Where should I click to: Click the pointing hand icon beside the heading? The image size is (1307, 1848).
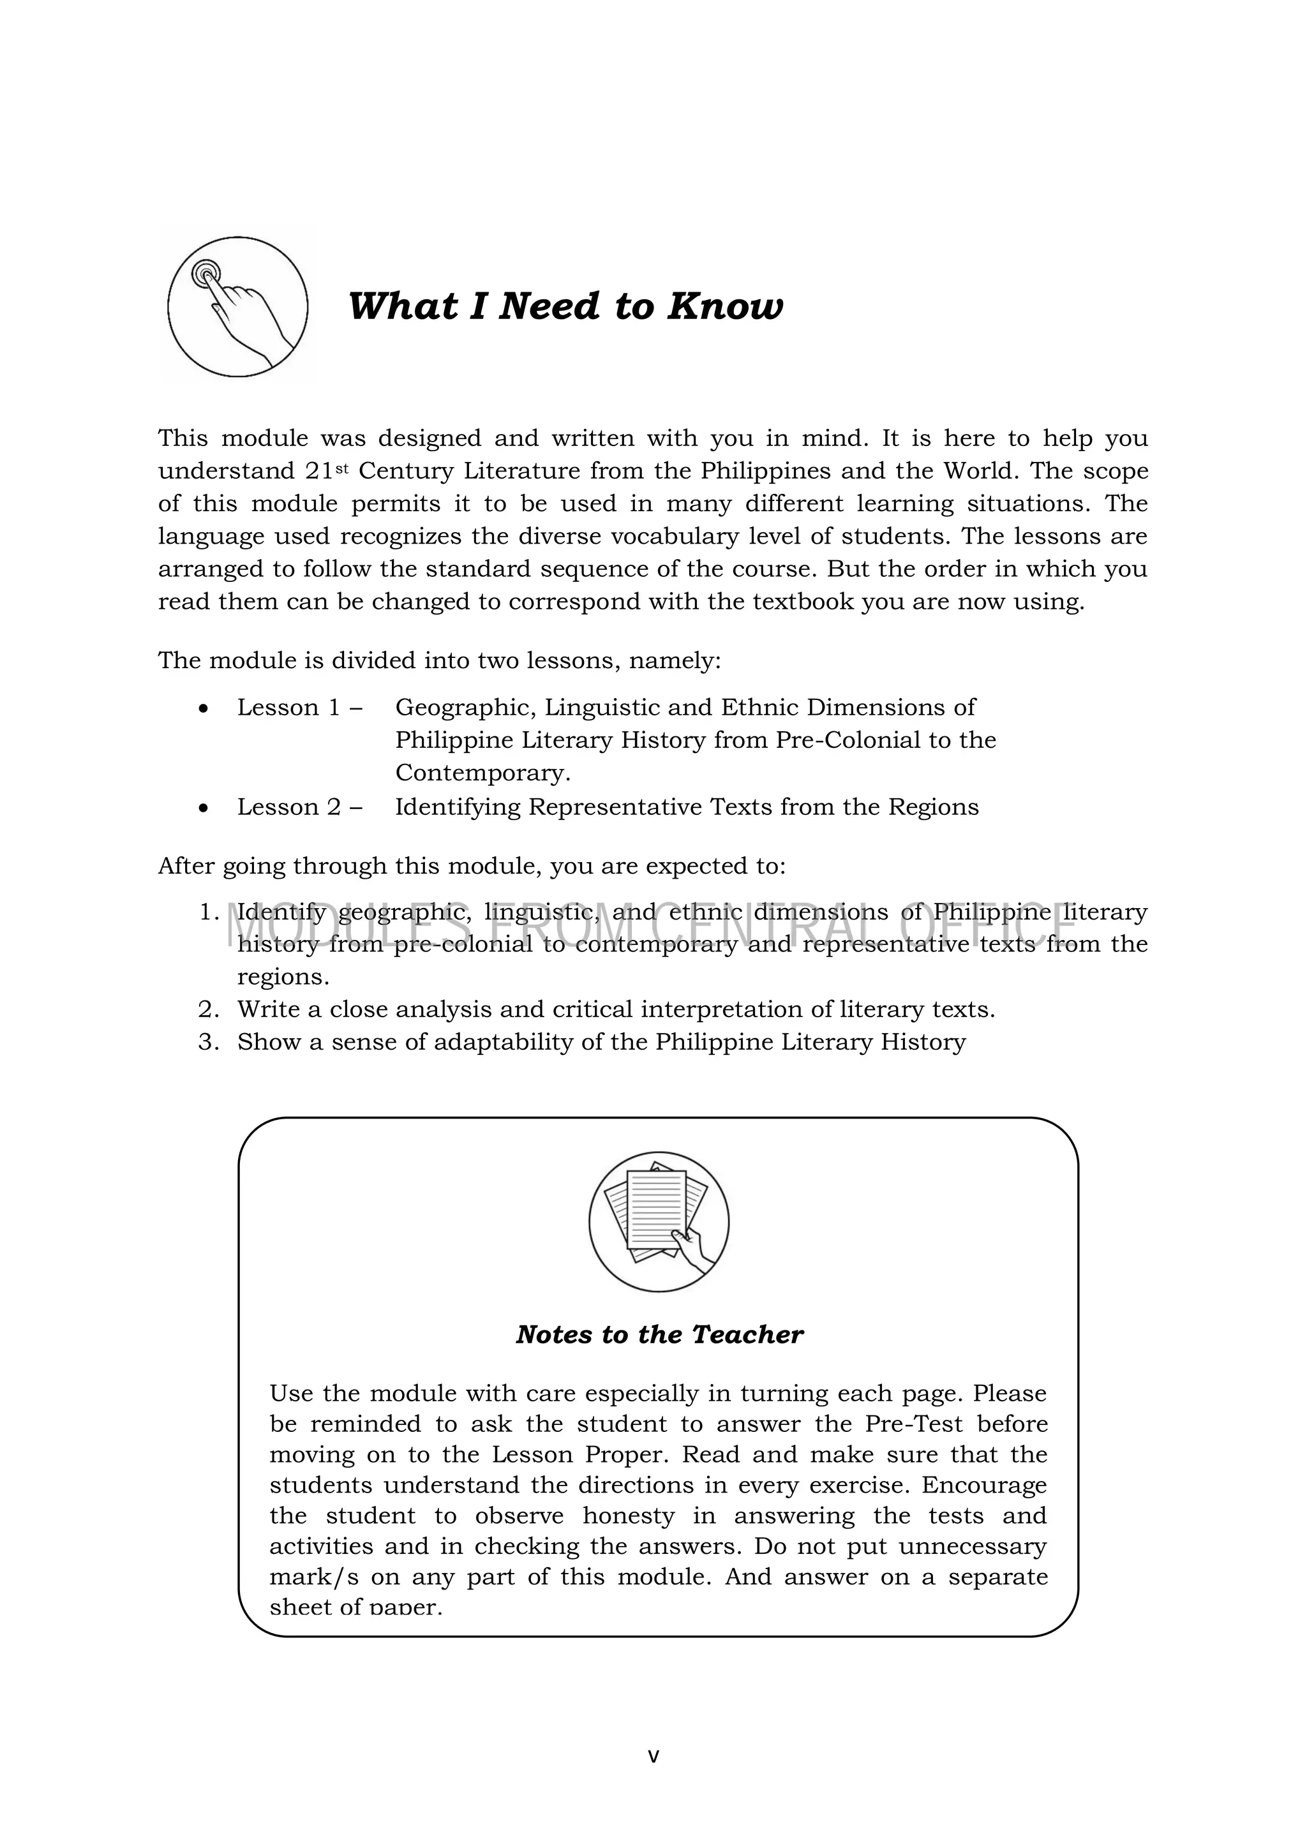pos(237,307)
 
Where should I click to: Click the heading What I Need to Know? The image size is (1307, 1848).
pos(565,307)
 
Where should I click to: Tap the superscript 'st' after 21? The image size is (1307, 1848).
pos(342,466)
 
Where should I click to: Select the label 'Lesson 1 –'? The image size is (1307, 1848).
pos(299,708)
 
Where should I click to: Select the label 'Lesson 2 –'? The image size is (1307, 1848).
pos(299,807)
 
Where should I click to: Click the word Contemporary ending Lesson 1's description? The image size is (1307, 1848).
pos(481,773)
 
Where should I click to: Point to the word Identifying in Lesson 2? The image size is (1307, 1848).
pos(458,807)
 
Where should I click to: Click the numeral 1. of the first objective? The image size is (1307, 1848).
pos(209,913)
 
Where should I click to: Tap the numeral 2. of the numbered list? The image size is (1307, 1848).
pos(209,1010)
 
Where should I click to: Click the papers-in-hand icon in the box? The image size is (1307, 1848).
pos(659,1222)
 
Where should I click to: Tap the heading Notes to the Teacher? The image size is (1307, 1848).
pos(659,1334)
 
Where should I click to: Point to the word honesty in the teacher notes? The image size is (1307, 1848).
pos(629,1516)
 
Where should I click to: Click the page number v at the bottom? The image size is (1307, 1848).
pos(653,1756)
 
